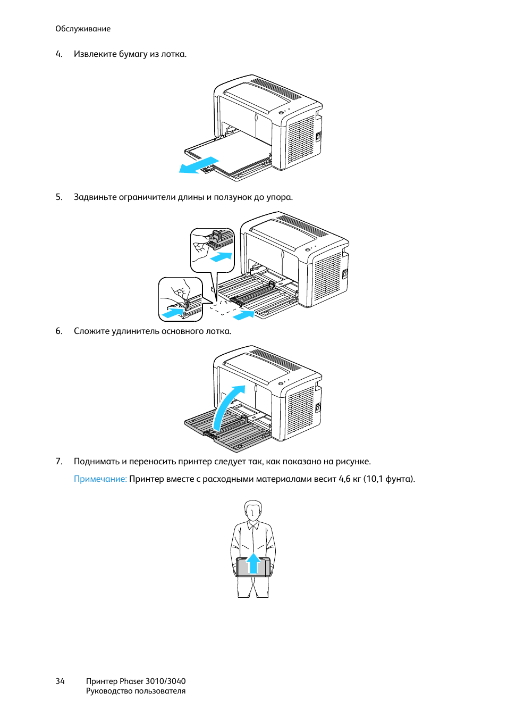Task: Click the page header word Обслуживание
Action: [83, 29]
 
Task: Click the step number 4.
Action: [58, 54]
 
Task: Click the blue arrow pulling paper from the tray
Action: [199, 165]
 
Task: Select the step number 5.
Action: [58, 197]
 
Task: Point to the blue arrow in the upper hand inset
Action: [221, 257]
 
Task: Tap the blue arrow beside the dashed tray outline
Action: [244, 315]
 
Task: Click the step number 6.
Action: [58, 331]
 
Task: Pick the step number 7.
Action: [58, 462]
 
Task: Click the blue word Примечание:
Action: [100, 479]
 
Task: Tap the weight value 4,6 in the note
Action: [344, 479]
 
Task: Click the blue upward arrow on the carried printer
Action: [253, 563]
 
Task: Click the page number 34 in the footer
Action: [60, 681]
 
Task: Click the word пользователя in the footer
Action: [160, 691]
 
